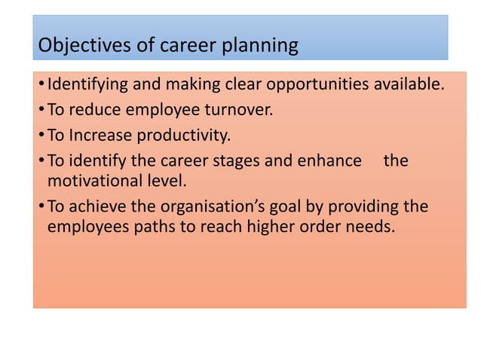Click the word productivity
[183, 136]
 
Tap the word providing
[357, 207]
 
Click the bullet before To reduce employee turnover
[41, 111]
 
